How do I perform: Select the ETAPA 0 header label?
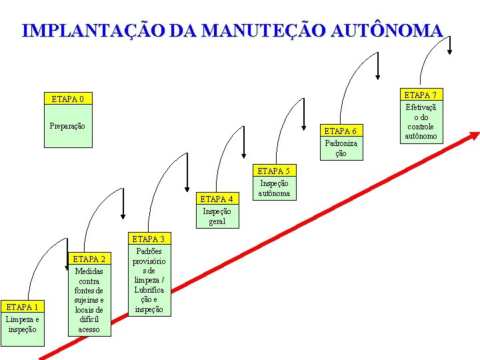(x=68, y=99)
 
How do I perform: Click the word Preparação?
(x=68, y=126)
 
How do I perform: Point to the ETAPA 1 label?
(x=22, y=307)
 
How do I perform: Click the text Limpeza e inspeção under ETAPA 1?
(x=22, y=325)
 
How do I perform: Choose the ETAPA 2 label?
(x=89, y=259)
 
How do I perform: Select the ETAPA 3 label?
(x=149, y=239)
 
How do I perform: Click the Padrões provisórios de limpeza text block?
(x=149, y=280)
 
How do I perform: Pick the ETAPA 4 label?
(x=217, y=199)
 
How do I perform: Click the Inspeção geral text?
(x=217, y=216)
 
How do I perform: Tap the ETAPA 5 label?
(x=274, y=171)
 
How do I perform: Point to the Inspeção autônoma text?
(x=274, y=189)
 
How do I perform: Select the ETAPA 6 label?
(x=341, y=131)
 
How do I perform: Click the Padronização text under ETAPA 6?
(x=341, y=148)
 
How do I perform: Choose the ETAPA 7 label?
(x=421, y=95)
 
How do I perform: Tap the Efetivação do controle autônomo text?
(x=421, y=121)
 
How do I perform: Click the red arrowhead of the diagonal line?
(x=473, y=136)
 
